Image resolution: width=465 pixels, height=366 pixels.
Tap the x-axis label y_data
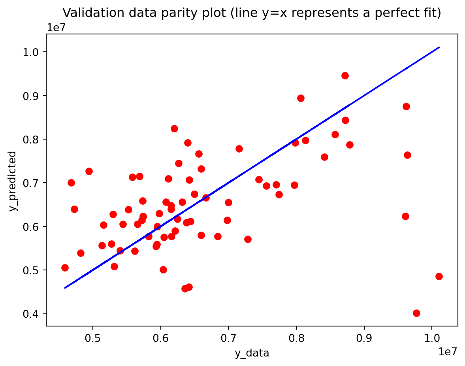pos(252,353)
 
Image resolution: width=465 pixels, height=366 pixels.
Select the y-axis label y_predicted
pos(13,181)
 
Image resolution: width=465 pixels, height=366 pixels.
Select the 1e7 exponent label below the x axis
pos(448,352)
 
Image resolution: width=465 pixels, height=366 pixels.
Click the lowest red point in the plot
pos(416,313)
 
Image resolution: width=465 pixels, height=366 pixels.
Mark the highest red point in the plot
pos(345,75)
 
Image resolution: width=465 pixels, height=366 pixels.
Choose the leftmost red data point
pos(65,268)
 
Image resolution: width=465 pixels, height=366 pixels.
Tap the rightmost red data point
pos(439,276)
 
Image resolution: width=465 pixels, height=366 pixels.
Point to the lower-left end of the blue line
pos(65,288)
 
